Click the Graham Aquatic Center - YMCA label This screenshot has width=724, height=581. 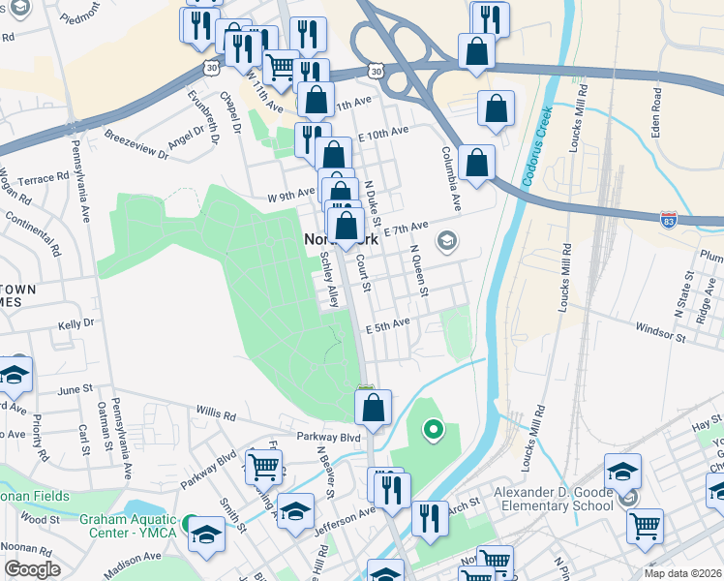[x=131, y=526]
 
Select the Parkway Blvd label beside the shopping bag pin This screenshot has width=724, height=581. [x=336, y=438]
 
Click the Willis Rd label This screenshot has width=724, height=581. [x=215, y=414]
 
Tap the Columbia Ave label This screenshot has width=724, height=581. [x=451, y=178]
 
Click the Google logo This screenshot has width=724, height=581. [x=32, y=569]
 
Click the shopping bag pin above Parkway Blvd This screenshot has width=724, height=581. [x=375, y=409]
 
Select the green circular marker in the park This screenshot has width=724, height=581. [x=434, y=428]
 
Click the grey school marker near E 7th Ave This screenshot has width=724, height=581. [x=447, y=240]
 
